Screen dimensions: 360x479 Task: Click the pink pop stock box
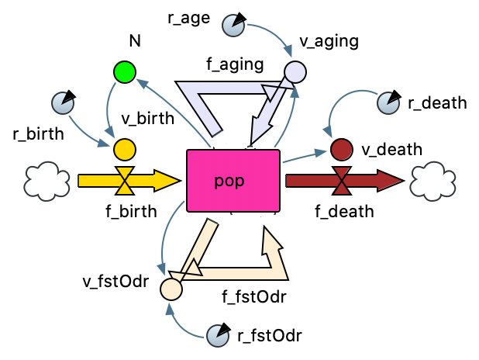pos(233,181)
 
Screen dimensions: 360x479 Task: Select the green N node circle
pos(123,72)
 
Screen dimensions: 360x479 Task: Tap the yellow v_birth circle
pos(124,147)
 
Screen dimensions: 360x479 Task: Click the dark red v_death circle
pos(341,147)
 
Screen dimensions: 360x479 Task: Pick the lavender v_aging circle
pos(295,72)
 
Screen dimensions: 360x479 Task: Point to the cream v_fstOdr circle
pos(171,289)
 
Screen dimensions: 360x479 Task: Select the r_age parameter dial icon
pos(233,26)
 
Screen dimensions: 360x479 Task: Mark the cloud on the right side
pos(433,181)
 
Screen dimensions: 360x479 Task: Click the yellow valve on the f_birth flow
pos(124,182)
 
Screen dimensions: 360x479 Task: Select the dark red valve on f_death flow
pos(341,182)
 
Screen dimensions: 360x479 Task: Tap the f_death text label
pos(344,210)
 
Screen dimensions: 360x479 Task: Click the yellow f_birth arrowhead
pos(169,182)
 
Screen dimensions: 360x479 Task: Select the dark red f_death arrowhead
pos(391,182)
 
